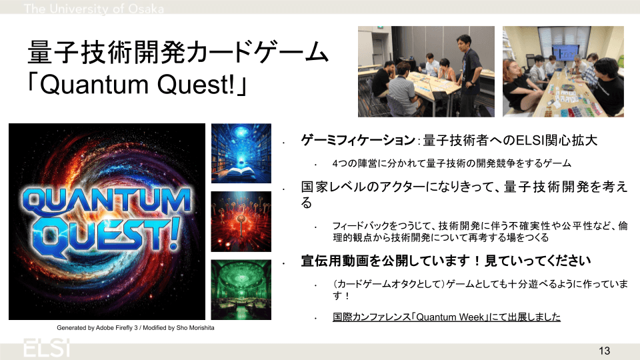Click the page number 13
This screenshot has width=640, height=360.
coord(604,351)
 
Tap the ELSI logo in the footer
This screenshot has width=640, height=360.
coord(47,348)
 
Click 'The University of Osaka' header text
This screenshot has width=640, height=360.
coord(94,9)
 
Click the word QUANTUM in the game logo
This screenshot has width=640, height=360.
coord(107,201)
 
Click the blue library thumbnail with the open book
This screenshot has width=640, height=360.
coord(241,153)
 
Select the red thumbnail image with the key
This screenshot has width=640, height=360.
coord(241,221)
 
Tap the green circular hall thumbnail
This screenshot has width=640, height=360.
coord(241,290)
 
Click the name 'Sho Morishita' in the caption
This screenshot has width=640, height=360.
coord(195,328)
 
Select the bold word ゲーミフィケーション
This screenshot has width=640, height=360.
coord(358,141)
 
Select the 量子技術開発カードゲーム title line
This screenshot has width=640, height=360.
coord(177,53)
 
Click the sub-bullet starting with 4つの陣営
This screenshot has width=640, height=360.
coord(452,164)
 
